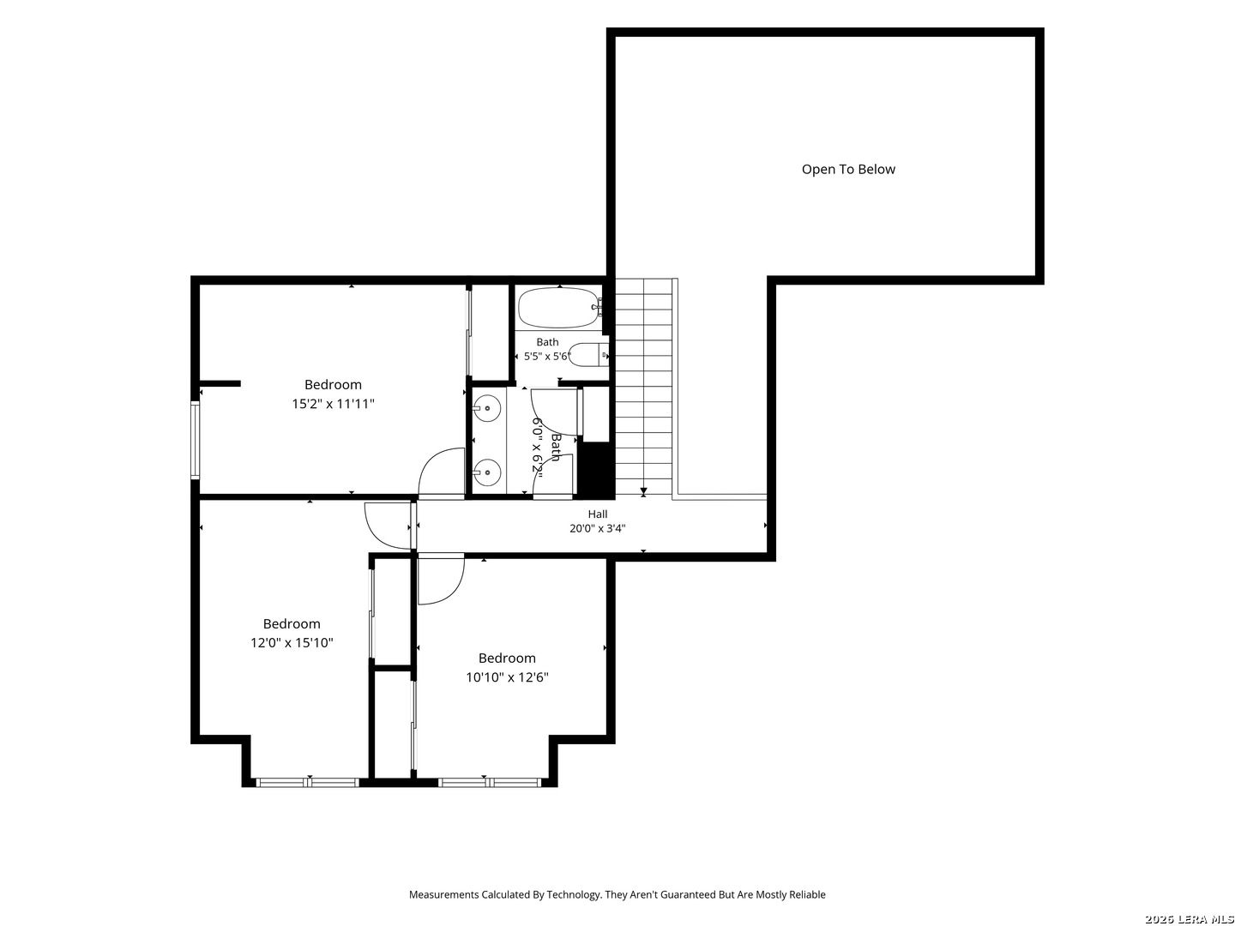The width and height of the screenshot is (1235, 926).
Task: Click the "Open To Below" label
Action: click(848, 169)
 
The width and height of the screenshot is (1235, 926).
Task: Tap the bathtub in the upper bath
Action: click(558, 308)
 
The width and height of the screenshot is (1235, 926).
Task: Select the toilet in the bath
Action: click(588, 355)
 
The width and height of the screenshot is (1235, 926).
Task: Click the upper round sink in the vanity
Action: click(486, 407)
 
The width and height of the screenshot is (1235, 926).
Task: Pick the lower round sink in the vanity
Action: click(486, 472)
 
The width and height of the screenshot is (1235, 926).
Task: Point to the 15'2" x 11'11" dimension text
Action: click(333, 404)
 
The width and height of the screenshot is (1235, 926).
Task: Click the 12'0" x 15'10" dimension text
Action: click(292, 643)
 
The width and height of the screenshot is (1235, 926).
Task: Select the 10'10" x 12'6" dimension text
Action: click(507, 677)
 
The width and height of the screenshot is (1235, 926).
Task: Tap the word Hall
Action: click(598, 514)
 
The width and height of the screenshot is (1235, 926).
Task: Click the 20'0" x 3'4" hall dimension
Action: click(598, 528)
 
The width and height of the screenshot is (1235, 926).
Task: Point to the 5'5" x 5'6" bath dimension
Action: click(547, 357)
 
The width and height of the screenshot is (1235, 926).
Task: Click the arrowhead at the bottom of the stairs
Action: click(644, 492)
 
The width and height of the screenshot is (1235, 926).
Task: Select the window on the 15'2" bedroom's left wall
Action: click(196, 440)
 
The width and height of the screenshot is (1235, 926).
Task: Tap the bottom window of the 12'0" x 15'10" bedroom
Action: click(307, 782)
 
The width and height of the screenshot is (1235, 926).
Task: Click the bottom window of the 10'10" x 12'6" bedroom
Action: click(490, 782)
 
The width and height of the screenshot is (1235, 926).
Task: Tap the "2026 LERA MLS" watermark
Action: click(1189, 919)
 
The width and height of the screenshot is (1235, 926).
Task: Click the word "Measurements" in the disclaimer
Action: click(444, 894)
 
